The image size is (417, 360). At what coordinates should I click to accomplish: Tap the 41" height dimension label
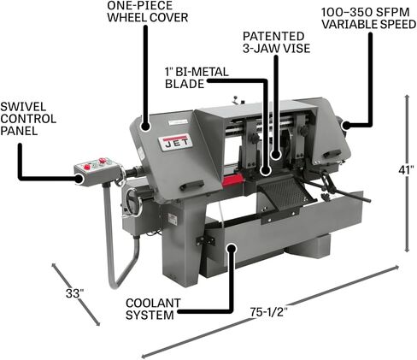tap(406, 170)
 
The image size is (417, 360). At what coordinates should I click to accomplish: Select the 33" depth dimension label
tap(75, 293)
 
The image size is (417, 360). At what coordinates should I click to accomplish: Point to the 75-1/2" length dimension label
tap(269, 312)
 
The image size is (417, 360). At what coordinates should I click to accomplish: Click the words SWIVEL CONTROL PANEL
tap(28, 119)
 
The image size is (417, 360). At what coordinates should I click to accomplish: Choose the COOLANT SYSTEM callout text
tap(153, 309)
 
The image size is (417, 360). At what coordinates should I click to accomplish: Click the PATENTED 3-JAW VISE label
tap(276, 42)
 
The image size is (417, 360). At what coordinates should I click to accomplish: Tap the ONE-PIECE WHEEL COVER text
tap(148, 11)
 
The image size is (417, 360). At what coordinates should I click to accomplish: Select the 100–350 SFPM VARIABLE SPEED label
tap(368, 18)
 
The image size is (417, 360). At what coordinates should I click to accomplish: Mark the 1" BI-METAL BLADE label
tap(197, 78)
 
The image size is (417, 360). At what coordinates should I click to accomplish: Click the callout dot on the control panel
tap(79, 179)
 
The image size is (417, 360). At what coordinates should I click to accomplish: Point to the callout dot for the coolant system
tap(232, 248)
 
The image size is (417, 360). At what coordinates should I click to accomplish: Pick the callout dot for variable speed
tap(347, 125)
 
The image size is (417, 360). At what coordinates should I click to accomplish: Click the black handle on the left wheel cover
tap(193, 185)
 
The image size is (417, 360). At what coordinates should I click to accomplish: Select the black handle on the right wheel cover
tap(332, 153)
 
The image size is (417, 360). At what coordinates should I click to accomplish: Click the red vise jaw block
tap(232, 180)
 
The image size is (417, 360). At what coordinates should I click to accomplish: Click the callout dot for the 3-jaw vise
tap(276, 155)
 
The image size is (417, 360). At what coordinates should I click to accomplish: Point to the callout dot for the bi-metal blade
tap(266, 170)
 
